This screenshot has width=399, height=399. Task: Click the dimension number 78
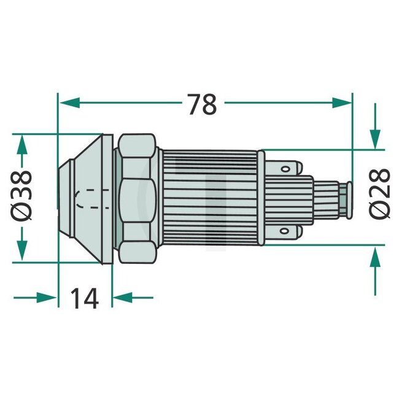click(x=202, y=104)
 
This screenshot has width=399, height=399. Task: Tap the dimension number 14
click(x=84, y=298)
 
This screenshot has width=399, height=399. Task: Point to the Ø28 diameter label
click(x=381, y=192)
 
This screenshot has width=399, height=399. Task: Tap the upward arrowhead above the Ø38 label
click(x=23, y=145)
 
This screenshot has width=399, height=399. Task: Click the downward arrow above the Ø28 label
click(x=375, y=138)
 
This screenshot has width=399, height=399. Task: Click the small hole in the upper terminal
click(x=286, y=164)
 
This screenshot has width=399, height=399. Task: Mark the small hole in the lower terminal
click(x=286, y=231)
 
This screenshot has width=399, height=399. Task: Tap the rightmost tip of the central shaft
click(x=351, y=198)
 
